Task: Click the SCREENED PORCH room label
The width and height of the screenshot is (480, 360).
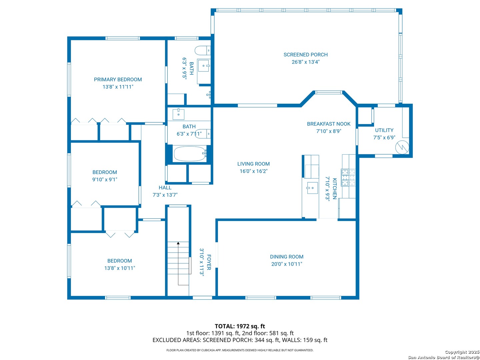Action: coord(305,55)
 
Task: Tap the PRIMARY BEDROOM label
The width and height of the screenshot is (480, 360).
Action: coord(118,80)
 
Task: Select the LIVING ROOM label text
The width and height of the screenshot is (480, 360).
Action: coord(253,164)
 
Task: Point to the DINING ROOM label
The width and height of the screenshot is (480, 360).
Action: coord(287,257)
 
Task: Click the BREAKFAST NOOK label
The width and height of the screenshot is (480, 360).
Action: coord(329,124)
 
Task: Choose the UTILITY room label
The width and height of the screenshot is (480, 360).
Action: coord(384,130)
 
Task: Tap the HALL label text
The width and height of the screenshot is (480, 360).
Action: coord(165,188)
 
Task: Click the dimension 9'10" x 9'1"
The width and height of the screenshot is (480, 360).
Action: coord(105,179)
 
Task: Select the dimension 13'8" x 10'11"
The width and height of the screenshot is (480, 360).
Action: coord(120,268)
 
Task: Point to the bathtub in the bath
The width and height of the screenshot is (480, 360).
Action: coord(190,154)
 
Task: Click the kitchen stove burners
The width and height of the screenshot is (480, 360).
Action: coord(348,177)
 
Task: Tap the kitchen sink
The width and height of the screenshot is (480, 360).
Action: coord(312,188)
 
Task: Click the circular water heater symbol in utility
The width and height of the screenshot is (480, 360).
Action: coord(402,147)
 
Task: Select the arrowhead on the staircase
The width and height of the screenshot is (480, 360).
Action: coord(178,243)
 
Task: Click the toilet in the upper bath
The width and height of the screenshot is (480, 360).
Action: coord(202,51)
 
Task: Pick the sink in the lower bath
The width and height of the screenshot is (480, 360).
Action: coord(178,114)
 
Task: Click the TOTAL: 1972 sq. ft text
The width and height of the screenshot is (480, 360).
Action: coord(240,326)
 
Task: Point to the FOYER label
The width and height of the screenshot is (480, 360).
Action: coord(209,262)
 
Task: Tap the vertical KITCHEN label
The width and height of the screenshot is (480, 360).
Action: coord(335,189)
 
